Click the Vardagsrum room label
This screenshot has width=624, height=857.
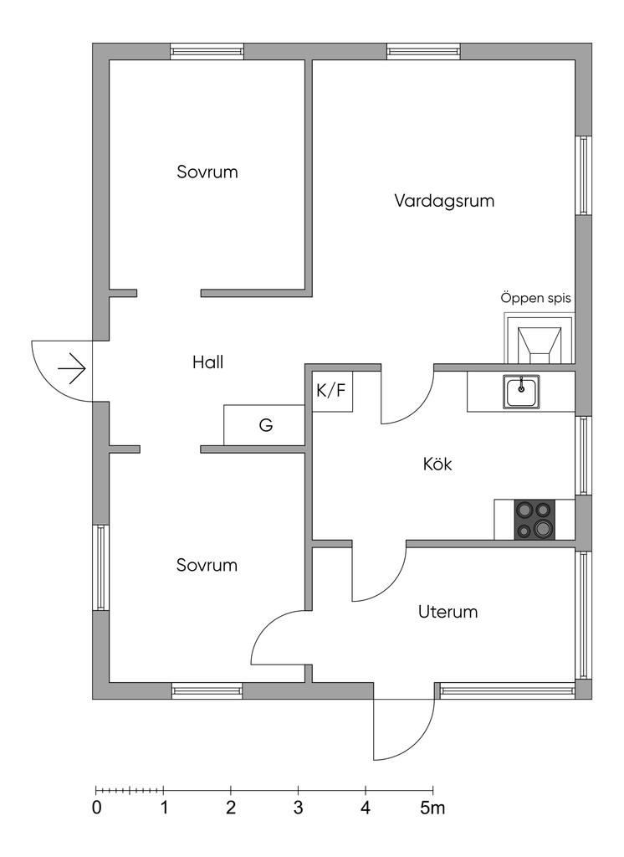444,201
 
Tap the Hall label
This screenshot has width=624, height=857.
207,362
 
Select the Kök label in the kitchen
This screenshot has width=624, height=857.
437,464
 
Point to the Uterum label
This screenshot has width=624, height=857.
448,611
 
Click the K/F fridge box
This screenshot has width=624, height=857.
332,392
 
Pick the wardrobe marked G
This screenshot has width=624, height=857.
264,425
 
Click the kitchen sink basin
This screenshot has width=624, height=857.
521,392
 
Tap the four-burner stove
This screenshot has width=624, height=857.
534,519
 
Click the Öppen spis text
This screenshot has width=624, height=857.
535,299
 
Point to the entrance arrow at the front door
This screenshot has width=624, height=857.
72,370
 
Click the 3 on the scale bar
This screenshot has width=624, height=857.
298,808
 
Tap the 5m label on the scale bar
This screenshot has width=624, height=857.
432,808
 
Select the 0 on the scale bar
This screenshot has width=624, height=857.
97,808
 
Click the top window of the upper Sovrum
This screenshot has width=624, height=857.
207,51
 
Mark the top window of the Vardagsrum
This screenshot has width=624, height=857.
424,51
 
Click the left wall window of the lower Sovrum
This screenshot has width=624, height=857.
100,567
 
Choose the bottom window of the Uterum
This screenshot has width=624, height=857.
508,690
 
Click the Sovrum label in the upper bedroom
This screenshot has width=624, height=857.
207,172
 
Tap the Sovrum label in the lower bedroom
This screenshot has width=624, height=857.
207,565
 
